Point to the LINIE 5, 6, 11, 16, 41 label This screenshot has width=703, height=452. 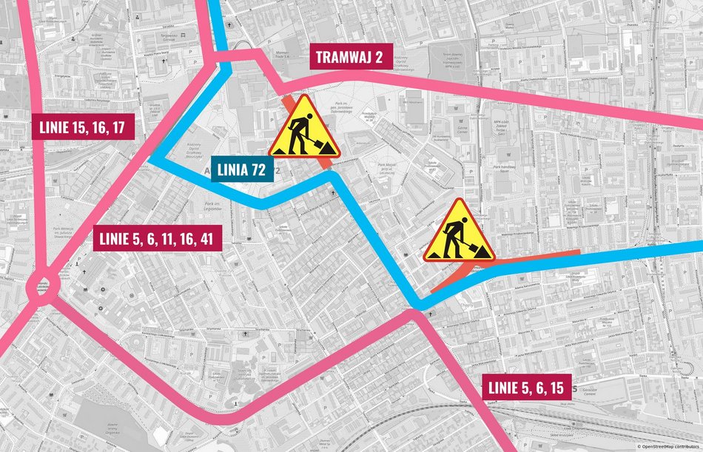coord(158,238)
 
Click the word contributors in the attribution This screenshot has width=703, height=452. coord(684,447)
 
